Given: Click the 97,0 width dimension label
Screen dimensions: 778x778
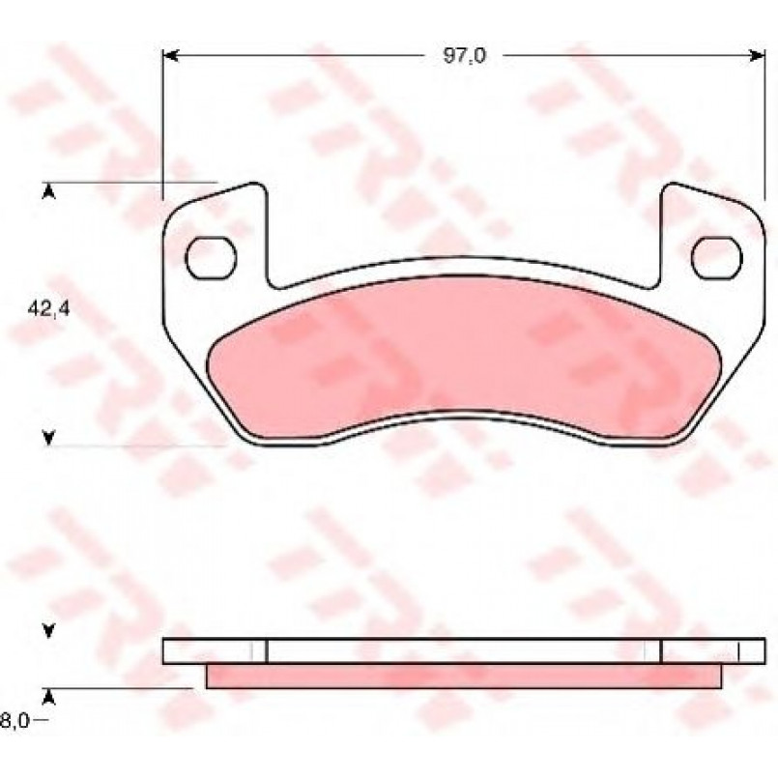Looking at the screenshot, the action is [x=465, y=56].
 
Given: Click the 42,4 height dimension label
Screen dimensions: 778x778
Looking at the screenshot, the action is [x=49, y=309].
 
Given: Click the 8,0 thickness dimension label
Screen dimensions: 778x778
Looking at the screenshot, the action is [x=14, y=720].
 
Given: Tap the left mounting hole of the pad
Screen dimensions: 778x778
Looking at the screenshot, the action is [x=211, y=258].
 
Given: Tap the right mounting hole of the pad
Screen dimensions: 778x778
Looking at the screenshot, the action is [x=716, y=258].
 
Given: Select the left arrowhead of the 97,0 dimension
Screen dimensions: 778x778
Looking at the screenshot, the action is [x=171, y=56].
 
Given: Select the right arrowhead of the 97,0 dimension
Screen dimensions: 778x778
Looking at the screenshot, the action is [x=757, y=56].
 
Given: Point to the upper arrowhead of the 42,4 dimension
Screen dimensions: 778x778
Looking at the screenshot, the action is [x=48, y=192].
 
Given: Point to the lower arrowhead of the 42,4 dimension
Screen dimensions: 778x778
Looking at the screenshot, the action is [x=48, y=438].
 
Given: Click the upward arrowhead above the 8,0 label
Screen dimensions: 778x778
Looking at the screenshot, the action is [x=48, y=697].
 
